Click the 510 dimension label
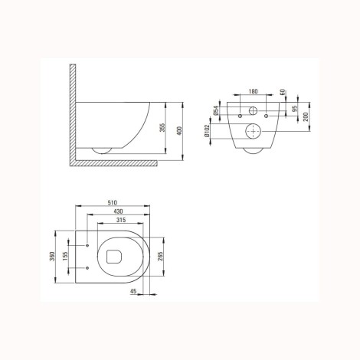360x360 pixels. click(112, 203)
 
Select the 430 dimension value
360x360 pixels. click(118, 211)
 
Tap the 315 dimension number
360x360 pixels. click(121, 220)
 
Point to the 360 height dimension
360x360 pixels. click(52, 257)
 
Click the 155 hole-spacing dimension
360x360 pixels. click(65, 257)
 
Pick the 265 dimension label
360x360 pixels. click(160, 257)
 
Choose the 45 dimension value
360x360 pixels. click(133, 291)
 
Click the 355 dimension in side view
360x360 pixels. click(162, 128)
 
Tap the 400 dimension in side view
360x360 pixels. click(179, 131)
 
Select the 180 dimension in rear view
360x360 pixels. click(253, 91)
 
